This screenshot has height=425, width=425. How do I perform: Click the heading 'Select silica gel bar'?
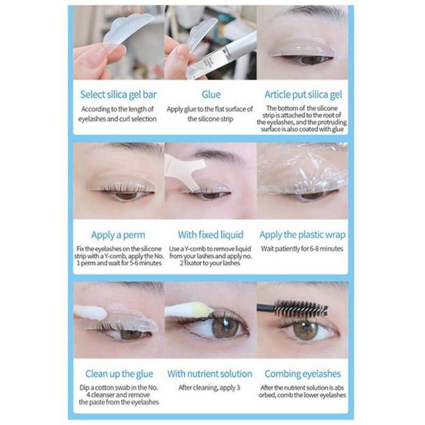[118, 95]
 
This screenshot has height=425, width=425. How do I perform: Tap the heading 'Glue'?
[211, 94]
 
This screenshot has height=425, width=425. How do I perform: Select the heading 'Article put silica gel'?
[303, 95]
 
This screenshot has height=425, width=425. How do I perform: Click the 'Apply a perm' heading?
[118, 235]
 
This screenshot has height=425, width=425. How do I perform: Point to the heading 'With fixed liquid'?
[211, 235]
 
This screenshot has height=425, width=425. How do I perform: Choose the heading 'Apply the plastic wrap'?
[302, 235]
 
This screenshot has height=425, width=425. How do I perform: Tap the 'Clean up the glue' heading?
[119, 374]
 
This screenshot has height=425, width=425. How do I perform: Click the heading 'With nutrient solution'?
[209, 374]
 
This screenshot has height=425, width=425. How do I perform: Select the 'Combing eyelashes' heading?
[302, 374]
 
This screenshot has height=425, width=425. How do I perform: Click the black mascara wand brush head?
[301, 308]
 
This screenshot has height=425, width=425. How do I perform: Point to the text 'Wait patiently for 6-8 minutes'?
[302, 248]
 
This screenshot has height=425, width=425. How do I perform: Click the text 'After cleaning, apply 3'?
[209, 387]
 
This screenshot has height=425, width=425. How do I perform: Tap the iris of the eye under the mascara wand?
[305, 330]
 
